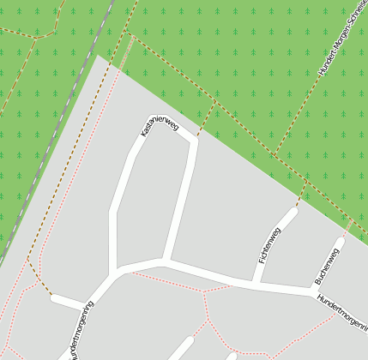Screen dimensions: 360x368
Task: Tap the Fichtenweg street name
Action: click(268, 244)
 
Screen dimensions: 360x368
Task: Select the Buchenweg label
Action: click(328, 265)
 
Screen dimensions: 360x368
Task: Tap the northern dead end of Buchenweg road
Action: click(340, 243)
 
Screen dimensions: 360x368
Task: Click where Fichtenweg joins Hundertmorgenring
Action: click(256, 282)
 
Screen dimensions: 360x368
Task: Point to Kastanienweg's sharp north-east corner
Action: click(192, 141)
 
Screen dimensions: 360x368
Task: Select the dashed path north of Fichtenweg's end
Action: click(301, 193)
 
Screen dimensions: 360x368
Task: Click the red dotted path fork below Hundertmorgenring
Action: click(204, 291)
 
